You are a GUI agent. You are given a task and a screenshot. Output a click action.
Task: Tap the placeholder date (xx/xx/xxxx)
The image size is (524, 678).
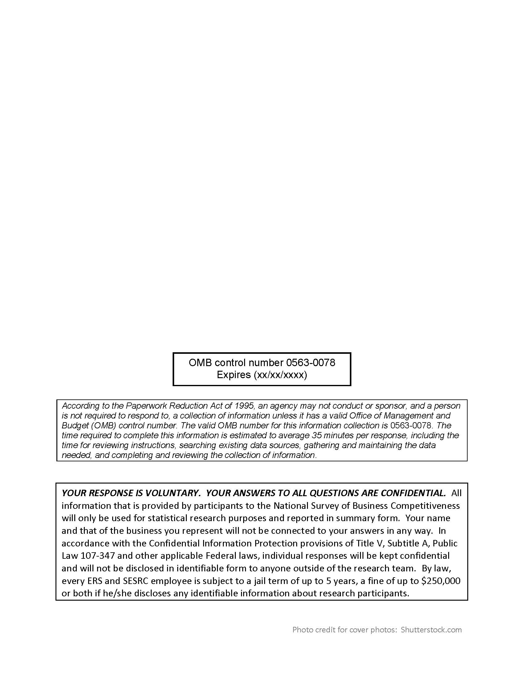click(x=280, y=375)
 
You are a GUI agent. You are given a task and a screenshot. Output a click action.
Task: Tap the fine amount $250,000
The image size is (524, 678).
click(x=440, y=581)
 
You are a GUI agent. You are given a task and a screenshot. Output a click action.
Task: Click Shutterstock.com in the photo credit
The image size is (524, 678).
click(x=431, y=630)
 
